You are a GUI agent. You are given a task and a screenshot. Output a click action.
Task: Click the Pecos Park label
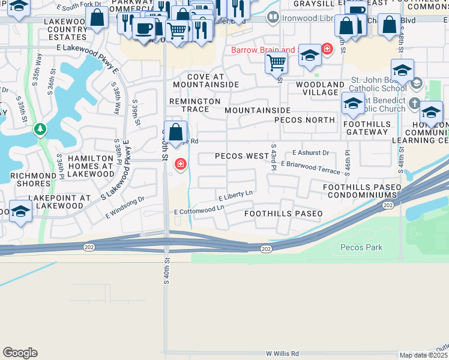tap(361, 247)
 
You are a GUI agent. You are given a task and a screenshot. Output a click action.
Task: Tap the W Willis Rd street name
tap(278, 354)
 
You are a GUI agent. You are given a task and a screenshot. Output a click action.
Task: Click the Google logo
tap(20, 353)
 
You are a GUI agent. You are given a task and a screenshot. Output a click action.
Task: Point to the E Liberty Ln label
tap(235, 196)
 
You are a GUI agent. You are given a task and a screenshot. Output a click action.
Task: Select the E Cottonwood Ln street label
tap(199, 210)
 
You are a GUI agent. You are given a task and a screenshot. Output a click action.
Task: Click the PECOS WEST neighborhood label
tap(242, 156)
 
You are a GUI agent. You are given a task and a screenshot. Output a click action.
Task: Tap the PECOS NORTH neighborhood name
tap(304, 120)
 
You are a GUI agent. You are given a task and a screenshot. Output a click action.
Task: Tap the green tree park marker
tap(40, 129)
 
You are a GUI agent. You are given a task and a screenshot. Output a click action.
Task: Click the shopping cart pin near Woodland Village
tap(276, 62)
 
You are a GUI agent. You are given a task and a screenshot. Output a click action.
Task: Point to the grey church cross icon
tap(414, 104)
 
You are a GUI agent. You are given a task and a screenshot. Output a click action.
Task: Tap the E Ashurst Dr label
tap(310, 152)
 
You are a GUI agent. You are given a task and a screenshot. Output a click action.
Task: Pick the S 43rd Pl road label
tap(274, 157)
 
